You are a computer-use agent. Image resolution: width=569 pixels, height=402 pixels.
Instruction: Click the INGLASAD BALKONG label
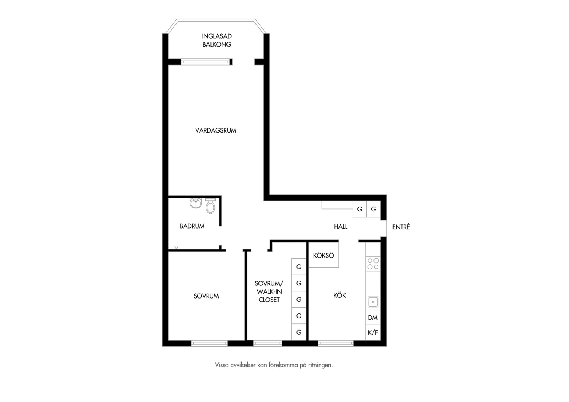[217, 40]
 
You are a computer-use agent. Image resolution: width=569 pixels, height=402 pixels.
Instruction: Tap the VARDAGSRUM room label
[215, 131]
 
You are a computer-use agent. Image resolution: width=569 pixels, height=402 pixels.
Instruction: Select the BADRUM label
[192, 226]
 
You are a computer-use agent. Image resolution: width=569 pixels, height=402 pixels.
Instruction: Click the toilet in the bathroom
[210, 206]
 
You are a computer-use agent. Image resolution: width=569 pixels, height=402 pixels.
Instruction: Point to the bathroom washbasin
[196, 203]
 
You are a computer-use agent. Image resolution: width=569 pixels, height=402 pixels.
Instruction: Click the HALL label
[341, 227]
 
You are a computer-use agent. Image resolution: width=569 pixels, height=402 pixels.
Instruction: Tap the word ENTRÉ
[401, 227]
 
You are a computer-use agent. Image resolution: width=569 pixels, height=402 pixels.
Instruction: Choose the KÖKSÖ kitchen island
[324, 255]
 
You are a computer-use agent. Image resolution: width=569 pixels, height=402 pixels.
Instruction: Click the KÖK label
[340, 295]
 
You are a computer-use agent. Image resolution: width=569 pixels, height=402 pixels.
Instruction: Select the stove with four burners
[373, 264]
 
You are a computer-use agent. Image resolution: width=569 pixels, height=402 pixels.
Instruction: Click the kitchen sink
[373, 302]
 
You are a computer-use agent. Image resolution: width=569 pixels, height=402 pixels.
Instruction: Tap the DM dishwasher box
[373, 318]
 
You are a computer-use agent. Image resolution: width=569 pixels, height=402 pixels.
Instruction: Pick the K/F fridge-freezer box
[373, 332]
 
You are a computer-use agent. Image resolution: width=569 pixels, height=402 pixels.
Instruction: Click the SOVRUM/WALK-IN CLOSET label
[269, 291]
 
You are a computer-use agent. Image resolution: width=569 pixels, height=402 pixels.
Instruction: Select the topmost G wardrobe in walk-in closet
[299, 267]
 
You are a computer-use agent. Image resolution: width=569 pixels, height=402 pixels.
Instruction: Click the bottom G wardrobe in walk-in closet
[299, 332]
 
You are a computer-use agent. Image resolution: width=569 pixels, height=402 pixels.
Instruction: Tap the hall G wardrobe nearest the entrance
[373, 209]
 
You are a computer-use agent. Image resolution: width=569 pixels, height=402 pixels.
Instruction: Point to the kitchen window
[336, 343]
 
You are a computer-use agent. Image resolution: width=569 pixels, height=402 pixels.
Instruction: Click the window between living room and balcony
[206, 62]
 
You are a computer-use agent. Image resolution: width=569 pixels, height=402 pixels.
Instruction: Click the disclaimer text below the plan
[274, 365]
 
